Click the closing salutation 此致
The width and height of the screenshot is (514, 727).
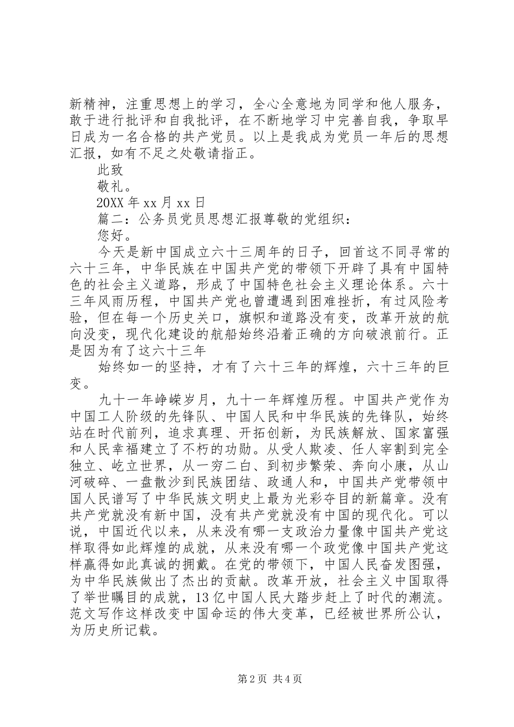[110, 170]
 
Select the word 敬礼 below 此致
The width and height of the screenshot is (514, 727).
[110, 187]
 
